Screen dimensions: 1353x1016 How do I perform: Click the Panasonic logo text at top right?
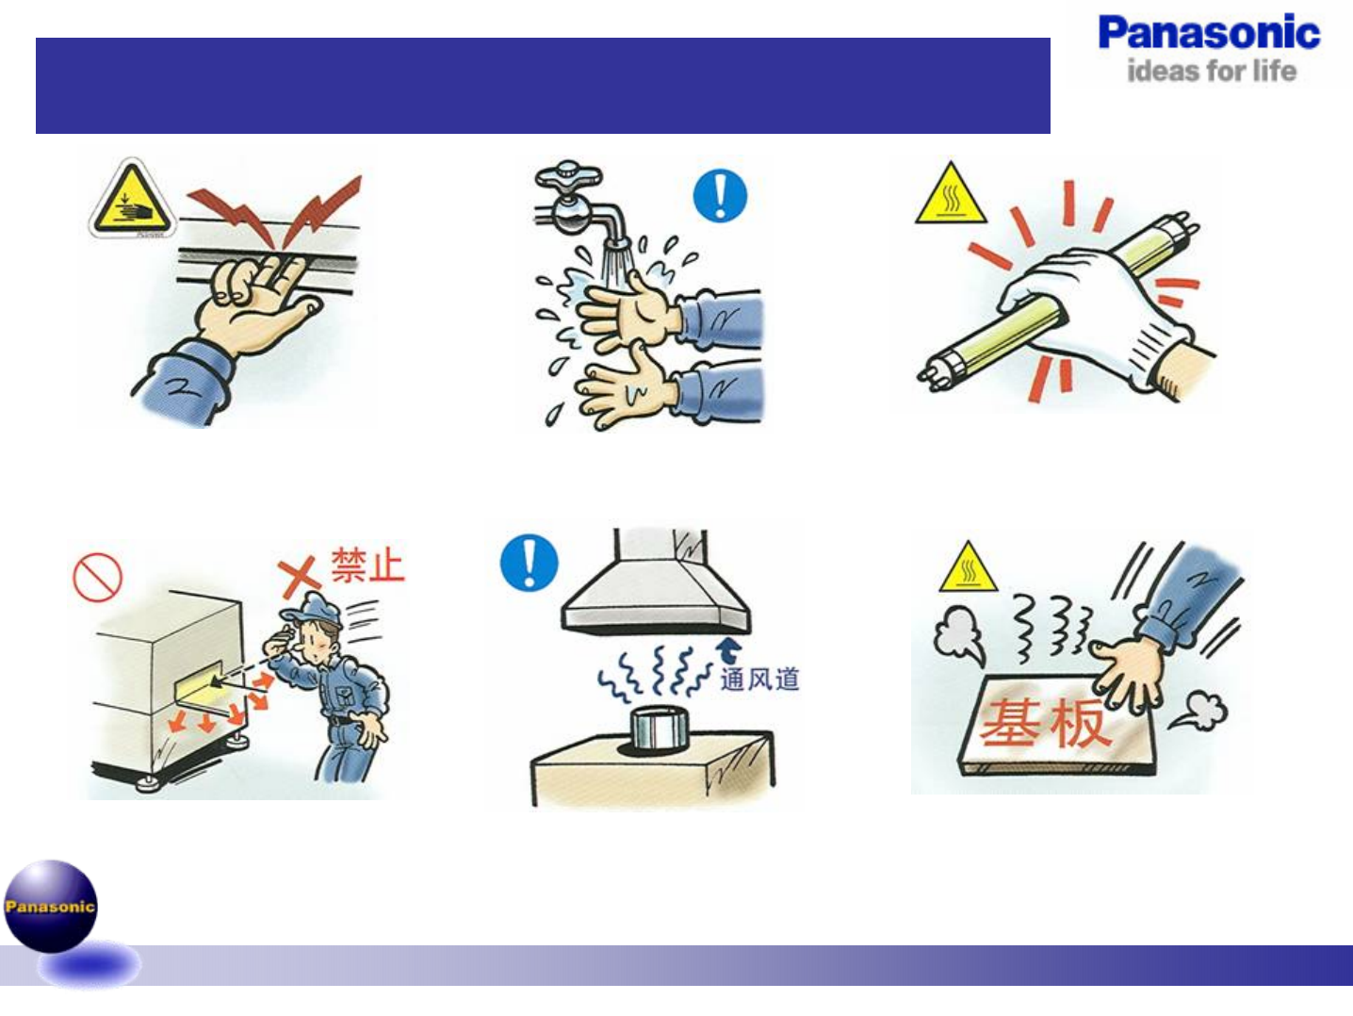(1209, 33)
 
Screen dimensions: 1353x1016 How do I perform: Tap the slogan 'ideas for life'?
(1211, 71)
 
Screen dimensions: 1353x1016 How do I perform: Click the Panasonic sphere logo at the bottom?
(51, 906)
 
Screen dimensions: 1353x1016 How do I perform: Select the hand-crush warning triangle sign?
(133, 201)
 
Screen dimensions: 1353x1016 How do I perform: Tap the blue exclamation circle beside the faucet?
(720, 196)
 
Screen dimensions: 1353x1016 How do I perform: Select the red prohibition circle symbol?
(97, 576)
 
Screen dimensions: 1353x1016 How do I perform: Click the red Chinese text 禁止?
(367, 565)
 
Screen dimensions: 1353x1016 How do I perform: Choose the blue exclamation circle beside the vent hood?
(529, 563)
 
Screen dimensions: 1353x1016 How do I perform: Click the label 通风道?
(759, 679)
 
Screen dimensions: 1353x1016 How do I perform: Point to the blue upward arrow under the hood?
(728, 649)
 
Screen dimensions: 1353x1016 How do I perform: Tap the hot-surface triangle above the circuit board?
(968, 569)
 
